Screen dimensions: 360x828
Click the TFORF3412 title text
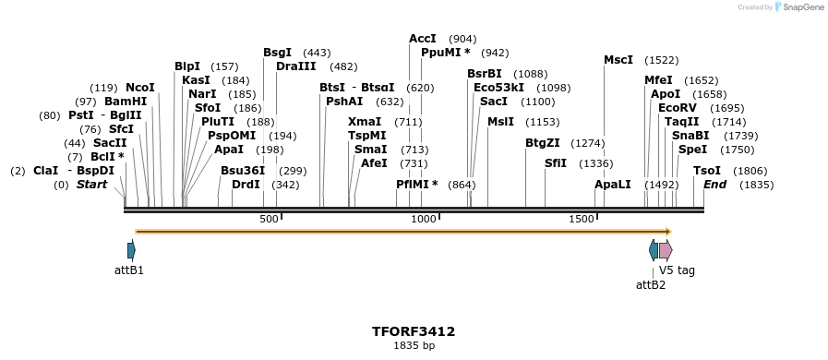(413, 330)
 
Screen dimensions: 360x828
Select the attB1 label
(129, 270)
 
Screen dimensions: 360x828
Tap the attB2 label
(651, 284)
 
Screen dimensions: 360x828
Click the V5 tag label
(677, 270)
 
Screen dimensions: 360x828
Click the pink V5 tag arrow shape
(666, 249)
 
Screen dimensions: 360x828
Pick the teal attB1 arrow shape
(131, 249)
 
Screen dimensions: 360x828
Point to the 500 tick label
(269, 219)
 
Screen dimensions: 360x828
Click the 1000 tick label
(424, 219)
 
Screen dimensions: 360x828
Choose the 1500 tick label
(582, 219)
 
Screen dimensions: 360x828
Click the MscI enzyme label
(618, 60)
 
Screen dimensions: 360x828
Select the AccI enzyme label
(423, 39)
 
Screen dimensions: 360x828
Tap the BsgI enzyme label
(277, 53)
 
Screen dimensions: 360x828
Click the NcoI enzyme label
(140, 88)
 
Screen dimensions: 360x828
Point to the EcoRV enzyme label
(677, 108)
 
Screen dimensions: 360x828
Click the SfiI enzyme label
(556, 163)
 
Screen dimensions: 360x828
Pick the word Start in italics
(91, 185)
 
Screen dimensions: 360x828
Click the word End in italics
(714, 185)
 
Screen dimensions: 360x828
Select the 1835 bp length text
(413, 345)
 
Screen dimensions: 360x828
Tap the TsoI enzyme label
(707, 171)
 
